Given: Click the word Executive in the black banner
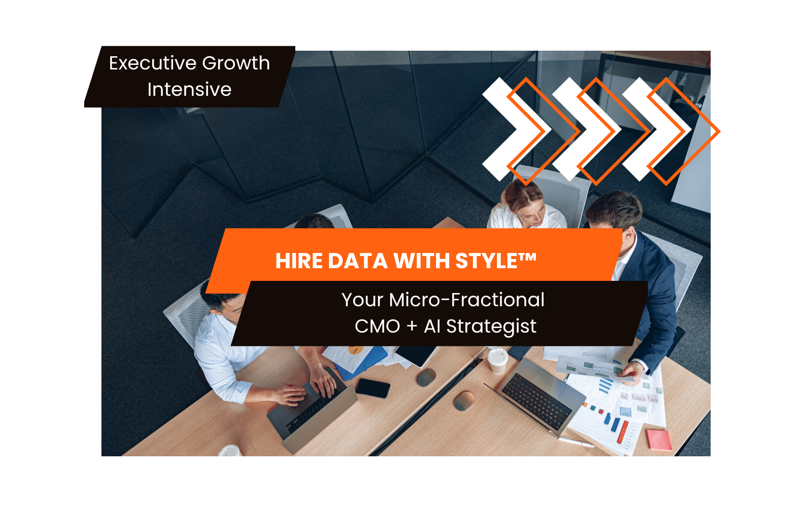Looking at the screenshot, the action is coord(152,63).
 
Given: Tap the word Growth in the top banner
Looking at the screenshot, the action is coord(236,64).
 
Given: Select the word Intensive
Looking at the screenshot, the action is coord(189,89).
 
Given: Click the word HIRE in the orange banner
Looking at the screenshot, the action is coord(299,261).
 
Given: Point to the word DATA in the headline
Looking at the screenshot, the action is coord(357,261).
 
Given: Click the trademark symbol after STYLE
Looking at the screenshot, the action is coord(527,258).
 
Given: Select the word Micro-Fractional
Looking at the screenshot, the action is coord(466,300).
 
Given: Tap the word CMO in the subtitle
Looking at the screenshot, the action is coord(378,327).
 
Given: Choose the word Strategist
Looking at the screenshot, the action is coord(491,327).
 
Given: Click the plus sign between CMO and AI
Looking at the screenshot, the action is coord(412,327).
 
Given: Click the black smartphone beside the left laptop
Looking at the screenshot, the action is coord(373,388).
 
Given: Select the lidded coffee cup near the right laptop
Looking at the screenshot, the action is coord(497,360).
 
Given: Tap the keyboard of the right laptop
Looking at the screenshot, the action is coord(536,401).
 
